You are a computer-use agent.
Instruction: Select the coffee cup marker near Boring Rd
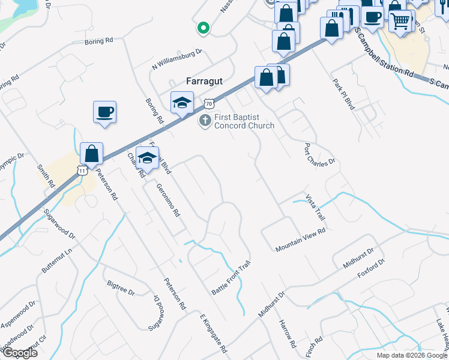pyautogui.click(x=104, y=112)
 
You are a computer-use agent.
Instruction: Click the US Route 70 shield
pyautogui.click(x=208, y=104)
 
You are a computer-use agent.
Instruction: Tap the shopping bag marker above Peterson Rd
pyautogui.click(x=91, y=154)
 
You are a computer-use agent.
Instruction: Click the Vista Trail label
pyautogui.click(x=315, y=206)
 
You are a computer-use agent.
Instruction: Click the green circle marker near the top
pyautogui.click(x=203, y=27)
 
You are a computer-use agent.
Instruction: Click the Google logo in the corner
pyautogui.click(x=19, y=353)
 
